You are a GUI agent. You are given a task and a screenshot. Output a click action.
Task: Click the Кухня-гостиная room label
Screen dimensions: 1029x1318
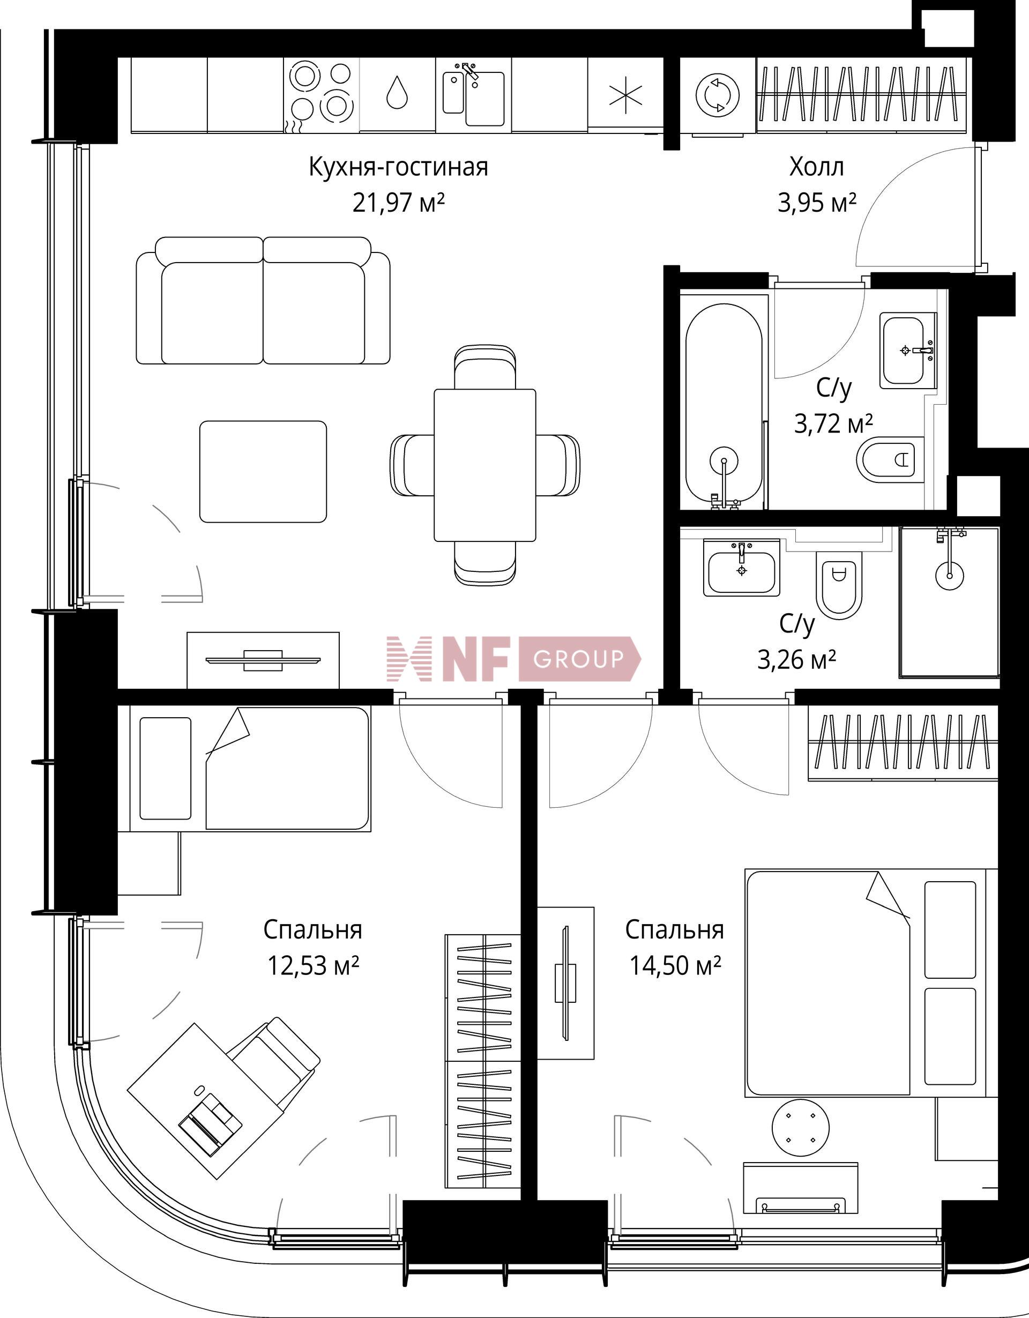398,167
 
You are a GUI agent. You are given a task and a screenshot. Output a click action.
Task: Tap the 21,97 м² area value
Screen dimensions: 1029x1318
398,203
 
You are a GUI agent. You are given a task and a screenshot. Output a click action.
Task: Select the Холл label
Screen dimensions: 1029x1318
817,167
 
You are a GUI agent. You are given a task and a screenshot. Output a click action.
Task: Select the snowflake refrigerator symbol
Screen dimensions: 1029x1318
625,95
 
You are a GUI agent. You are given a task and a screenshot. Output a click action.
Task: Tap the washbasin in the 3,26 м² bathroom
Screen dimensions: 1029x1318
742,567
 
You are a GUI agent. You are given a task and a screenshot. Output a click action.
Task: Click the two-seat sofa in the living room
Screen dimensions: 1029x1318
263,301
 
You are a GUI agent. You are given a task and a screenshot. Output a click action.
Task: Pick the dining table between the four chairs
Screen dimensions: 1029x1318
484,465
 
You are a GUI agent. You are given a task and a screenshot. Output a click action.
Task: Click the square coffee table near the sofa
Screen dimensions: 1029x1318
263,471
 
